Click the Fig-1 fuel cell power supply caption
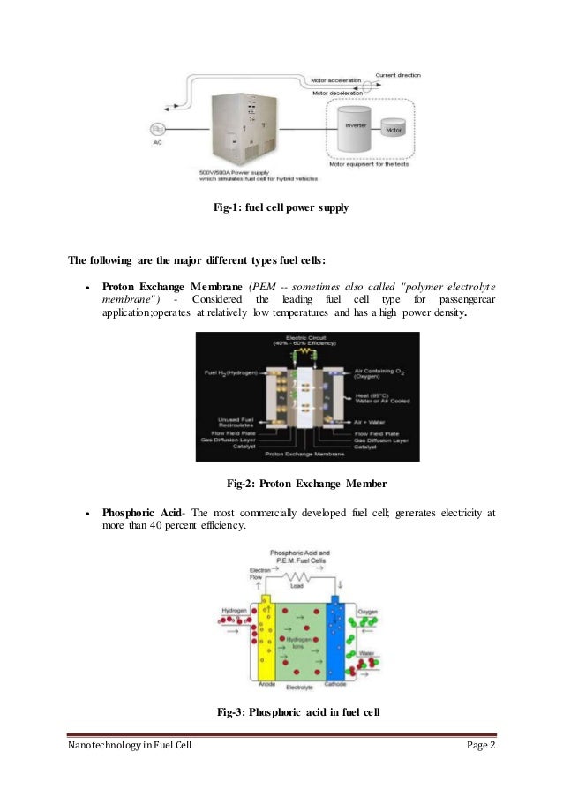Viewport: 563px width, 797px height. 281,209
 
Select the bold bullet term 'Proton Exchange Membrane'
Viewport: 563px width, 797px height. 171,287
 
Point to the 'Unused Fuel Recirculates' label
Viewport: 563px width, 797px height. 232,422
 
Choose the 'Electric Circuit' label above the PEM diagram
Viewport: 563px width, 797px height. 305,340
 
